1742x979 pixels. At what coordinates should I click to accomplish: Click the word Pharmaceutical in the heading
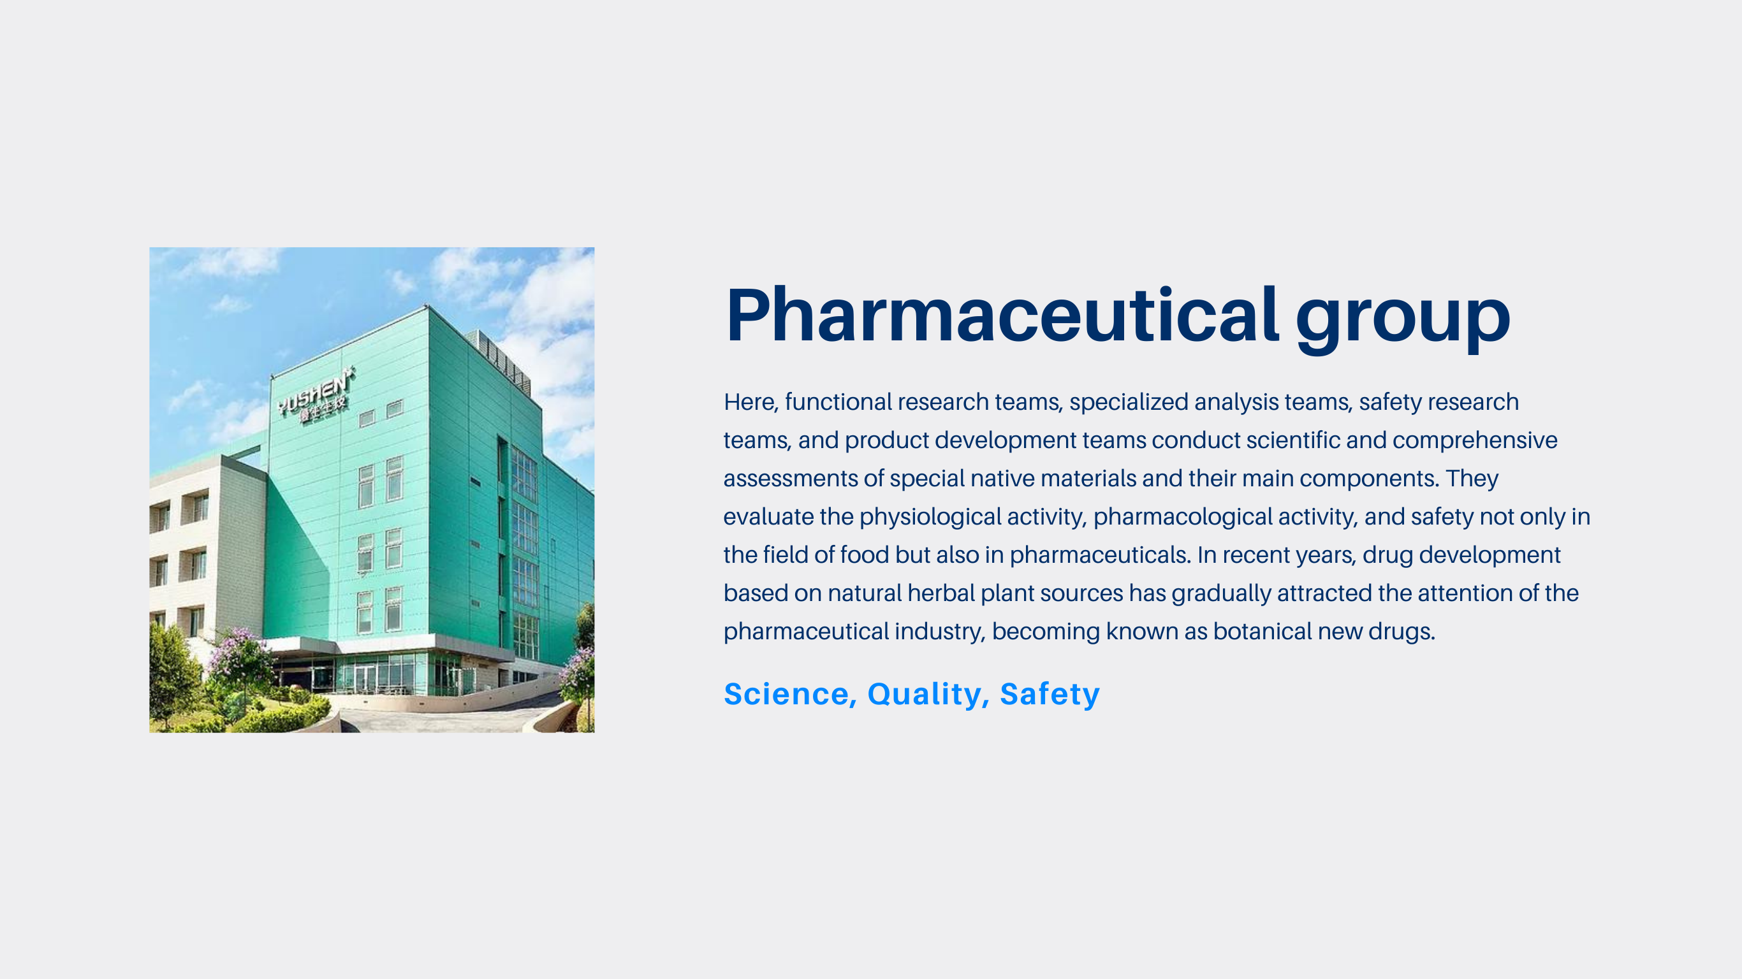point(1002,314)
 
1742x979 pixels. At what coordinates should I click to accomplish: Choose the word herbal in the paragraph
point(941,593)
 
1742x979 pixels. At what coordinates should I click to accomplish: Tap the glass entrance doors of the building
point(366,678)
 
